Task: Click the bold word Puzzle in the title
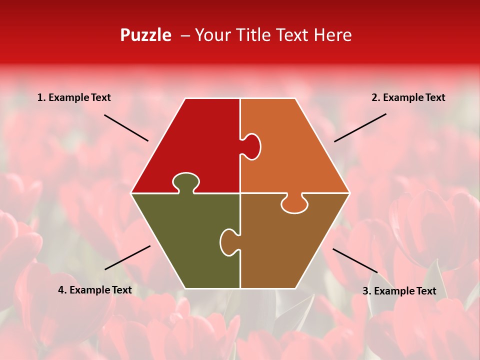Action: [x=145, y=35]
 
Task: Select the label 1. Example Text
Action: [x=74, y=97]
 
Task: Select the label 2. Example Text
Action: [x=408, y=97]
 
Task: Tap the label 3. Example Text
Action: [x=399, y=291]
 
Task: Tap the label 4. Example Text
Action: [x=94, y=290]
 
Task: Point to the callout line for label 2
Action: [x=360, y=127]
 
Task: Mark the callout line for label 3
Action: [x=355, y=260]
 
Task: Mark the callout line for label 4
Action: [x=127, y=257]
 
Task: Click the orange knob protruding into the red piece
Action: [x=252, y=146]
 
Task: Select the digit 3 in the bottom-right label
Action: [x=365, y=291]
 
